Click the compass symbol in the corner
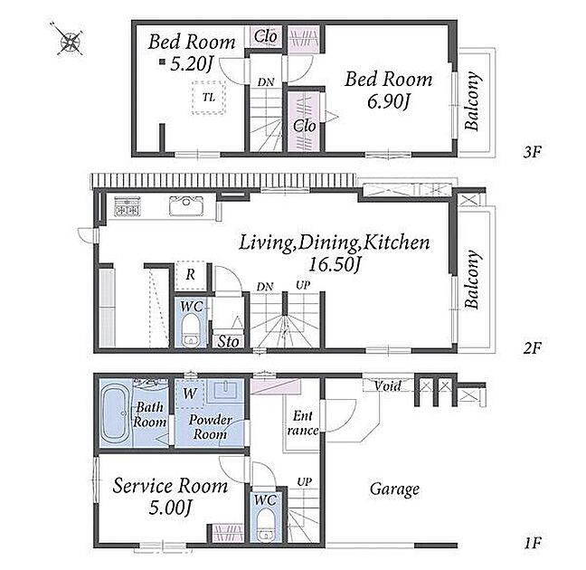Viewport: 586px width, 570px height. click(x=70, y=39)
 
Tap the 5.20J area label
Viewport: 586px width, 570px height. click(x=192, y=64)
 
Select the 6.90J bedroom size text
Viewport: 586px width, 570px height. click(x=389, y=101)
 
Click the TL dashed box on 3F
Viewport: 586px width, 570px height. click(x=209, y=97)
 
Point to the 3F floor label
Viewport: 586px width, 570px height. click(x=532, y=152)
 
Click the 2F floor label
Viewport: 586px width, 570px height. click(x=532, y=348)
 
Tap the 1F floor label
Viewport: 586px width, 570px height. click(x=532, y=543)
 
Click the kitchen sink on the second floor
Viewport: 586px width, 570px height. click(x=186, y=205)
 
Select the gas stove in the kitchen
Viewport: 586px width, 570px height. click(x=128, y=206)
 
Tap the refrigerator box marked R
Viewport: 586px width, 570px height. click(x=191, y=276)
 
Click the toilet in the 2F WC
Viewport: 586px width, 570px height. click(x=191, y=330)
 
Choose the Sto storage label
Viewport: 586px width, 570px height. click(x=228, y=341)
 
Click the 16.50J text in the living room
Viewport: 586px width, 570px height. click(x=334, y=264)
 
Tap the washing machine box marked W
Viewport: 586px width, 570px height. click(x=190, y=393)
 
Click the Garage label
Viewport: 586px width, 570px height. click(x=394, y=489)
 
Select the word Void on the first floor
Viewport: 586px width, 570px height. click(x=388, y=385)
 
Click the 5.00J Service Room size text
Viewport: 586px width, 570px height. click(x=170, y=508)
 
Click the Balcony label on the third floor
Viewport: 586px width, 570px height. click(x=472, y=100)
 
